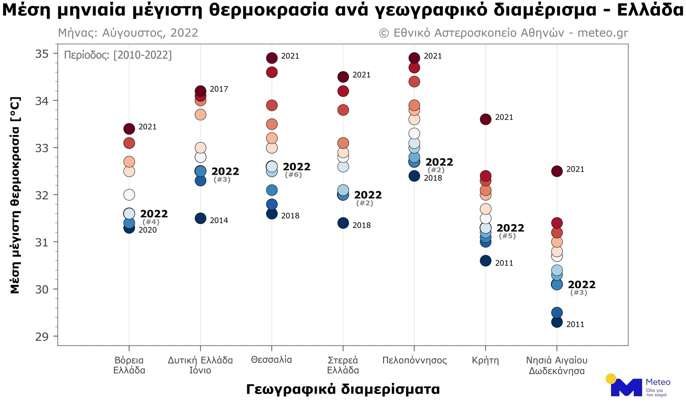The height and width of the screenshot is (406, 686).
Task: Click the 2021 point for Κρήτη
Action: click(485, 119)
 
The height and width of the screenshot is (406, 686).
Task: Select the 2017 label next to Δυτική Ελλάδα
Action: click(219, 89)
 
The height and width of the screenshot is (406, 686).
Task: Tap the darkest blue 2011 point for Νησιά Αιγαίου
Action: click(557, 322)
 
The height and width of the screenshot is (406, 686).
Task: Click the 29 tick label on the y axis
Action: click(42, 336)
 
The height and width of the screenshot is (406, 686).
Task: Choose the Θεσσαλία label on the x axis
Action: click(271, 360)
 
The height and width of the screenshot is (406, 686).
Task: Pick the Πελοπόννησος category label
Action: click(414, 360)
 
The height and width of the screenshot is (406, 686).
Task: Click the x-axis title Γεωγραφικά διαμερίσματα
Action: click(343, 389)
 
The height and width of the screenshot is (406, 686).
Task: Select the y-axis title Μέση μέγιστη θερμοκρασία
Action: click(15, 195)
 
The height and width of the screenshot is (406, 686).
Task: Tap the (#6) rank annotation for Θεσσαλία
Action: click(293, 175)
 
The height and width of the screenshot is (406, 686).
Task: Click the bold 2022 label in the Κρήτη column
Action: click(510, 228)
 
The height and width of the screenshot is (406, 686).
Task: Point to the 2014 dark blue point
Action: click(201, 218)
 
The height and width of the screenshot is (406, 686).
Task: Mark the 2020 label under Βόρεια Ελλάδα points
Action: click(147, 230)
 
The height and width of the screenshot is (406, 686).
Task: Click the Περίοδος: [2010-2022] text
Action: click(118, 55)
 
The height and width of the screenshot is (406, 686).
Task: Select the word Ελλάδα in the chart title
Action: click(650, 9)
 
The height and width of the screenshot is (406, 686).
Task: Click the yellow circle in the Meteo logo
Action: click(611, 379)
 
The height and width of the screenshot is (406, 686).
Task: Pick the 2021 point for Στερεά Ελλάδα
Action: click(343, 77)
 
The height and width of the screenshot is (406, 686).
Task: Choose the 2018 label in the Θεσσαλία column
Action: click(290, 216)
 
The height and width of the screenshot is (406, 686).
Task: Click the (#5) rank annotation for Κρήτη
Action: click(507, 236)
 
